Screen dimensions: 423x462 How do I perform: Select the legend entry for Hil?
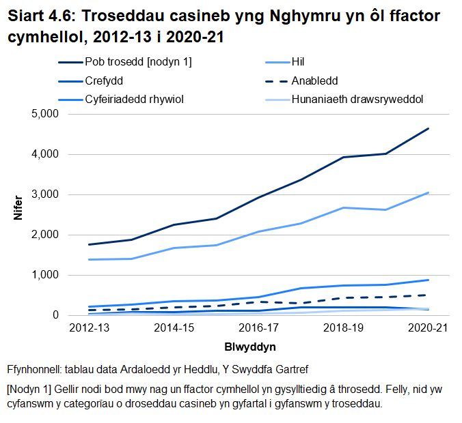point(299,62)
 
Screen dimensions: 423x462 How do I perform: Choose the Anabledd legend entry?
point(314,81)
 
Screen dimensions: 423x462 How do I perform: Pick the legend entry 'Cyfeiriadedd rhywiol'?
point(135,99)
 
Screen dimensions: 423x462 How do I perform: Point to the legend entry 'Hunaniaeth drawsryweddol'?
point(357,99)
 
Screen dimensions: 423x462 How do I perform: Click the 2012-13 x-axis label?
point(90,328)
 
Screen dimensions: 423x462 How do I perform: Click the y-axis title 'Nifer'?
point(18,207)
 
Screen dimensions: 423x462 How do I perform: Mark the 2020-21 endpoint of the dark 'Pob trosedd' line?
point(429,128)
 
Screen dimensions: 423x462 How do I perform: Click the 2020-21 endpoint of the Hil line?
point(429,192)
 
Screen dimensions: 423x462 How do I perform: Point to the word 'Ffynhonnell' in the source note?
point(33,370)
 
